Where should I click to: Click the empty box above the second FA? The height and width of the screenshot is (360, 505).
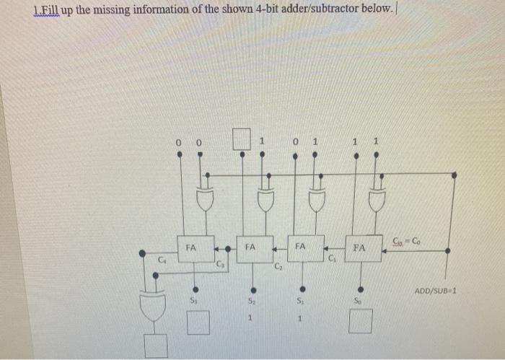click(242, 138)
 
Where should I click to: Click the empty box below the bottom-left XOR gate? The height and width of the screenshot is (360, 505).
click(155, 346)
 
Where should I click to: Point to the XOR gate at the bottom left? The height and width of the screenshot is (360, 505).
click(154, 307)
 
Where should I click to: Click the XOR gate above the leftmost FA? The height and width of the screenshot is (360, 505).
click(206, 199)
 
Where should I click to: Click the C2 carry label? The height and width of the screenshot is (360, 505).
click(278, 268)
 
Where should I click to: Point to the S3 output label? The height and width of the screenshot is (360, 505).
click(193, 299)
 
